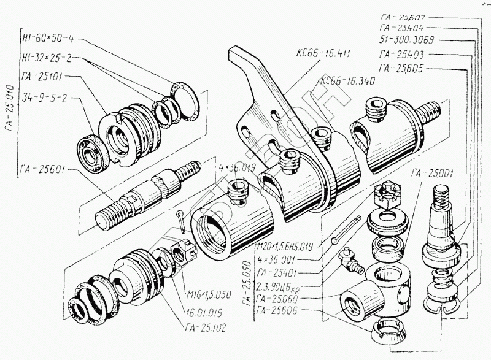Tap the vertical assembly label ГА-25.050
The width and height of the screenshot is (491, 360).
tap(246, 280)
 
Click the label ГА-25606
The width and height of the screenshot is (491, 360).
tap(280, 312)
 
